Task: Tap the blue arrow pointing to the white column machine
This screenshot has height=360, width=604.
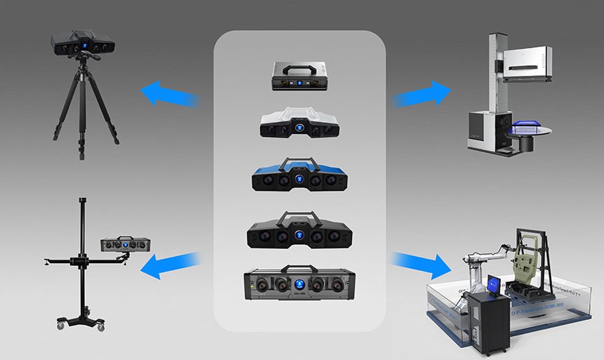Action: tap(422, 93)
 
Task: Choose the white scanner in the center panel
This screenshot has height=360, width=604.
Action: tap(300, 124)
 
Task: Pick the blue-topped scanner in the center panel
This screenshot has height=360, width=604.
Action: tap(300, 177)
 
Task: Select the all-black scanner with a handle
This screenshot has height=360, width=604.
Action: tap(300, 232)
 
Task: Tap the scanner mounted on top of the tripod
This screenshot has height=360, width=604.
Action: tap(83, 44)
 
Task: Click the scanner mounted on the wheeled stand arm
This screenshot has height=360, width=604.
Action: tap(126, 244)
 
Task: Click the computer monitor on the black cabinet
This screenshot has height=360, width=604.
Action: tap(494, 284)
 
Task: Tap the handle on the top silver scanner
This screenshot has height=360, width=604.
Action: tap(299, 65)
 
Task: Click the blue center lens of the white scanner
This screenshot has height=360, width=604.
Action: tap(300, 128)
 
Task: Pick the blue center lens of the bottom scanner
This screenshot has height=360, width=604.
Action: tap(299, 285)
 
